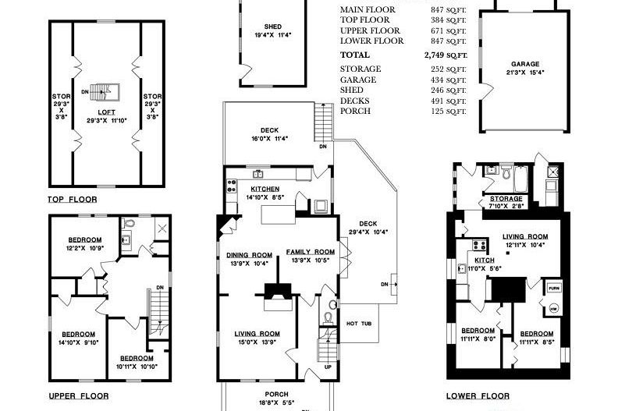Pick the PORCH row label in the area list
[x=355, y=111]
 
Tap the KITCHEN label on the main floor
[x=265, y=189]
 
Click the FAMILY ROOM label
[x=310, y=252]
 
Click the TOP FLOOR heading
[x=73, y=200]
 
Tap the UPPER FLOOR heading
[x=79, y=396]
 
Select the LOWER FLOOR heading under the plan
[x=478, y=396]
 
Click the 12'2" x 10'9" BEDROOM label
[x=84, y=239]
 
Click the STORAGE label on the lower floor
[x=506, y=199]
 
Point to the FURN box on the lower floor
[x=553, y=287]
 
